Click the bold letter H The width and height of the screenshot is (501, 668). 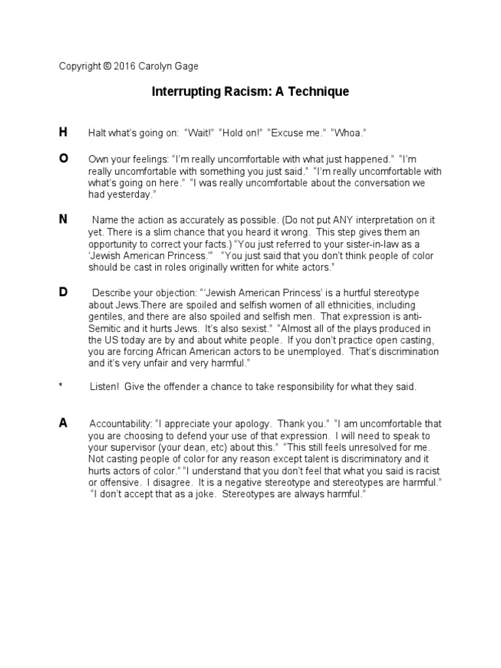[63, 132]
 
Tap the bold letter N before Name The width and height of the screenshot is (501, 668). [63, 219]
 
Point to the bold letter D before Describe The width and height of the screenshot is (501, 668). [63, 292]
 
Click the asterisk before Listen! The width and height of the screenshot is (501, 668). [61, 387]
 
